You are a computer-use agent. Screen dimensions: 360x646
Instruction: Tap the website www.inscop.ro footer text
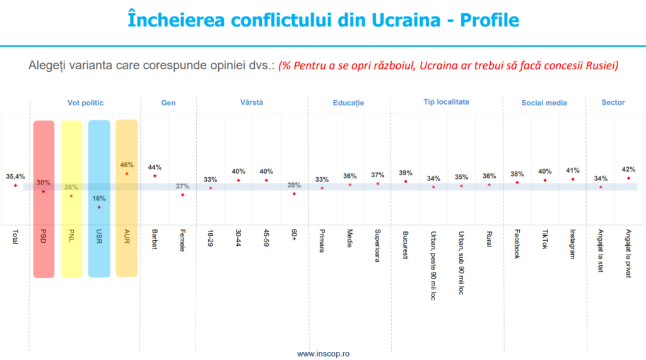(323, 354)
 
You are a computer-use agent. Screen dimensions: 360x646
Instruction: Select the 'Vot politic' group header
(85, 102)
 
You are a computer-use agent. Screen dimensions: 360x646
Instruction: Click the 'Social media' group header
(544, 103)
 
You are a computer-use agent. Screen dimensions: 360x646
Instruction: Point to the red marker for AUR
(127, 173)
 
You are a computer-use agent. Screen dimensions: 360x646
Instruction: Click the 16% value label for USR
(99, 198)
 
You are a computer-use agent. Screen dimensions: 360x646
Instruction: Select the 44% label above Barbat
(155, 167)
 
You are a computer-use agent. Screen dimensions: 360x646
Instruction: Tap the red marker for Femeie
(182, 195)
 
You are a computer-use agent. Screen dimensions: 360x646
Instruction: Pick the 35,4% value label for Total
(15, 177)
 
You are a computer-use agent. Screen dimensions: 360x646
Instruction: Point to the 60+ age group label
(293, 236)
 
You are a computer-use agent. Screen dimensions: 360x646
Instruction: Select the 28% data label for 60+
(293, 185)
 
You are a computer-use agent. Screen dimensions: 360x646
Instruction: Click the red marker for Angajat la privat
(628, 178)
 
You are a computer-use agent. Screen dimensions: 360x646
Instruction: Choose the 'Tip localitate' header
(446, 102)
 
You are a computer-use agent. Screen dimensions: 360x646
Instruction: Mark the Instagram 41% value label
(572, 170)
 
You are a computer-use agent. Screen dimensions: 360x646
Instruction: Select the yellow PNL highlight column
(71, 199)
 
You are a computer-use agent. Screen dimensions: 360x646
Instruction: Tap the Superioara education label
(377, 246)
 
